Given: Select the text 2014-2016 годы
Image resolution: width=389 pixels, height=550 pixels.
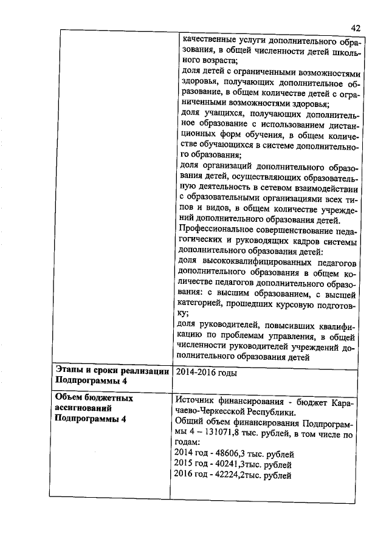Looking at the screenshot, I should [205, 373].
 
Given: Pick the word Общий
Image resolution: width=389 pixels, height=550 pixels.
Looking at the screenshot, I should [188, 423].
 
